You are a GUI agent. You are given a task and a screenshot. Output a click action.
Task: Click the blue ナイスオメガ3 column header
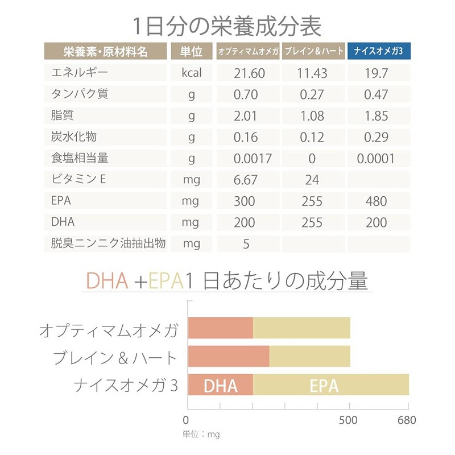(x=379, y=51)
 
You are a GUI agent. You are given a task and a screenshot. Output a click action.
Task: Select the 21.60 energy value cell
(x=249, y=73)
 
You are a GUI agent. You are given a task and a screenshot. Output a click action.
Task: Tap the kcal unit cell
(x=192, y=73)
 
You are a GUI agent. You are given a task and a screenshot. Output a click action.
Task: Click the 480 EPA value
(x=376, y=201)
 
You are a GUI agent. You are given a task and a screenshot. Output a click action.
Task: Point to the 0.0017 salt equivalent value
(x=253, y=159)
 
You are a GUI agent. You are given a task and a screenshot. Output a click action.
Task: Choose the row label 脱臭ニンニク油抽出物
(x=108, y=244)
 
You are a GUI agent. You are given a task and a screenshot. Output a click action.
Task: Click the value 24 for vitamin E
(x=312, y=180)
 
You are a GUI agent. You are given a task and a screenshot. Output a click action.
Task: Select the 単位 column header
(x=192, y=51)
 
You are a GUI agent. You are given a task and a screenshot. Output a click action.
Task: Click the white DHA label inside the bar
(x=220, y=386)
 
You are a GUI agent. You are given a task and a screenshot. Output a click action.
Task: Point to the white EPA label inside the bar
(x=324, y=386)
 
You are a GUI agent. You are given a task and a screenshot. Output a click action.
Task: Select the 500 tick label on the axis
(x=348, y=421)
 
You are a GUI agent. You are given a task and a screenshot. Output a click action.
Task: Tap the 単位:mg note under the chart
(x=201, y=434)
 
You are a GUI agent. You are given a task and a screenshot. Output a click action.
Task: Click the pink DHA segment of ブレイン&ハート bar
(x=228, y=357)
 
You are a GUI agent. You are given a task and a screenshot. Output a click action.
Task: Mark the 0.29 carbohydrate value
(x=376, y=138)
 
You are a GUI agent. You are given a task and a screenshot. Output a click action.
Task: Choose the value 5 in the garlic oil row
(x=246, y=245)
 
